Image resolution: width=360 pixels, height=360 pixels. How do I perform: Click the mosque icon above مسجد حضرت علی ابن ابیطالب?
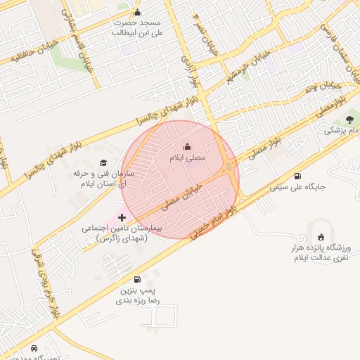point(137,13)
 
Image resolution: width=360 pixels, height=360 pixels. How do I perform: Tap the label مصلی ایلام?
point(187,158)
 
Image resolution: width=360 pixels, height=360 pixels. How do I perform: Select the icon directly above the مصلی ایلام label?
point(187,147)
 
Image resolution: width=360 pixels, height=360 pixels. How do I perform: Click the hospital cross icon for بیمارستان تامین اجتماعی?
point(122,218)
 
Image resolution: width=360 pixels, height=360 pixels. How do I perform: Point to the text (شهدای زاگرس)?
point(123,240)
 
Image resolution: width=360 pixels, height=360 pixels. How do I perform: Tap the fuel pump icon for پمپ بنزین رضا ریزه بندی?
point(136,279)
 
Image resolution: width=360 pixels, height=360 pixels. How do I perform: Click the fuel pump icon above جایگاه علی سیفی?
point(297,176)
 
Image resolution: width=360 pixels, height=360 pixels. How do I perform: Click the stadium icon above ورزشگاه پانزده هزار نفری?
point(322,237)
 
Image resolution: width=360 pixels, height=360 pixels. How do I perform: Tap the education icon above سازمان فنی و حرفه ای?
point(103,163)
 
